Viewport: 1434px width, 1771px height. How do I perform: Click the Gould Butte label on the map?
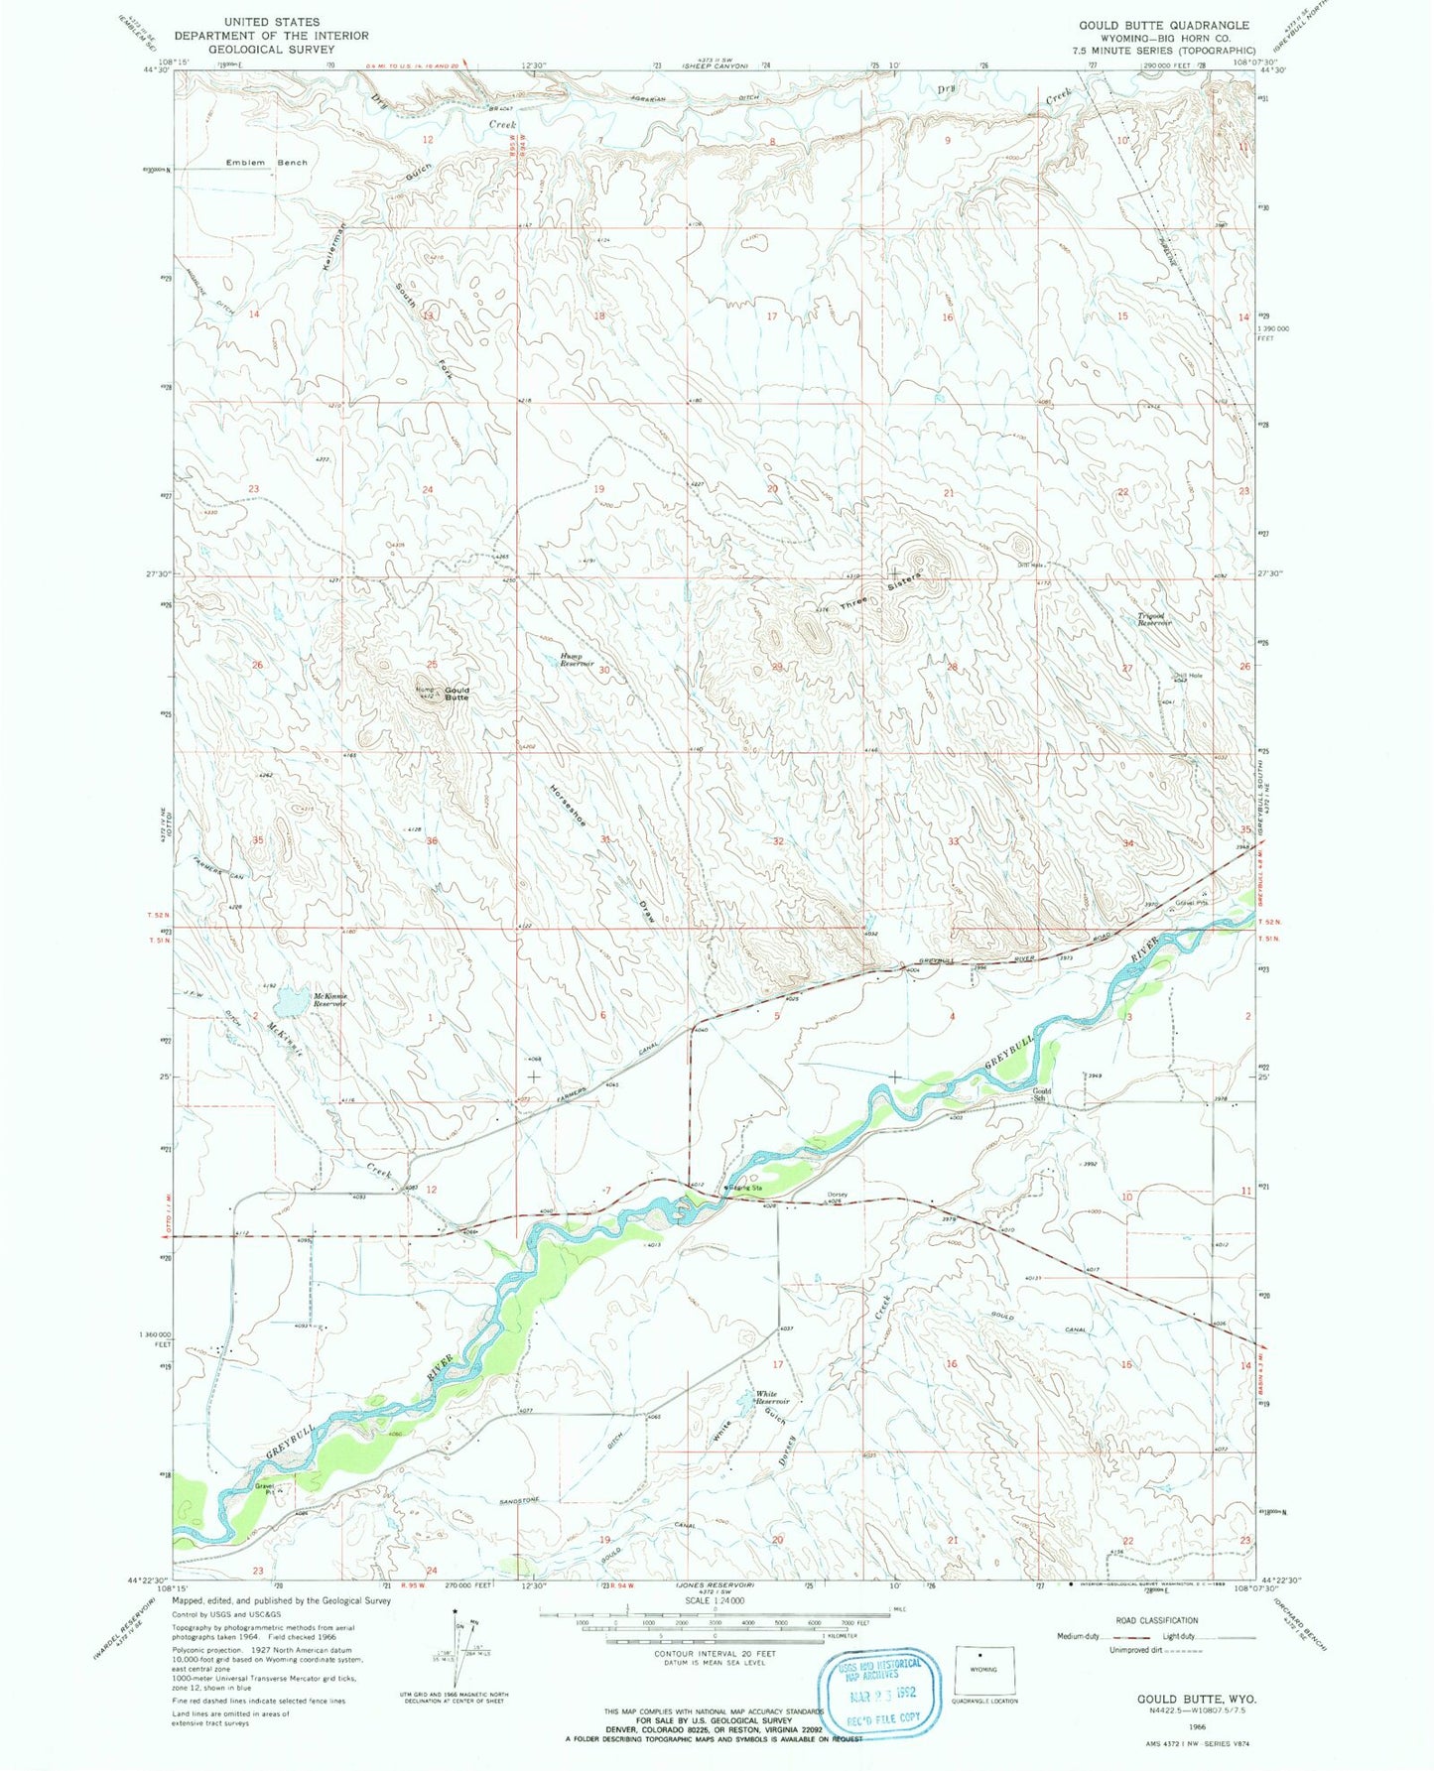coord(456,694)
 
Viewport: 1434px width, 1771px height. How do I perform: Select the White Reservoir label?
coord(773,1397)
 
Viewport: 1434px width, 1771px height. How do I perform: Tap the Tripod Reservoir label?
coord(1153,619)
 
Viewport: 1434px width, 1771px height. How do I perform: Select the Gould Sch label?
coord(1040,1094)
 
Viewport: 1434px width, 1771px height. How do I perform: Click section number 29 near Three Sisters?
coord(777,667)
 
